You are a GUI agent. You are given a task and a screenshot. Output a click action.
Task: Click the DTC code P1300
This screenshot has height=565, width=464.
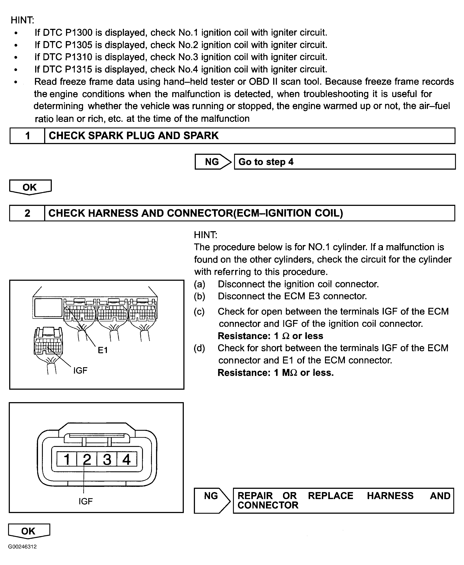coord(79,33)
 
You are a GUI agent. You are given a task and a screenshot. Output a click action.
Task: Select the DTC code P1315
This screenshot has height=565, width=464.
coord(79,69)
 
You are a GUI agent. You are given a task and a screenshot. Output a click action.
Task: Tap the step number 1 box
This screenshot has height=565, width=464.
coord(27,136)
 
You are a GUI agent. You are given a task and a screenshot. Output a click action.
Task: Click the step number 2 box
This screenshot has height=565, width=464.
coord(27,213)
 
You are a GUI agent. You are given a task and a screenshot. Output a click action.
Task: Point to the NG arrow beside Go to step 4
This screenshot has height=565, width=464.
coord(212,162)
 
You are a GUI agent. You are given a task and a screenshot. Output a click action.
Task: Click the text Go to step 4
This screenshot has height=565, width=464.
coord(266,162)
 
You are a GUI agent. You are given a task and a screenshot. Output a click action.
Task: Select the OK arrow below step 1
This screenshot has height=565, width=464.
coord(30,187)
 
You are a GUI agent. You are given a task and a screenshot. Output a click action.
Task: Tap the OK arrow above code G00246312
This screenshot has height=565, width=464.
coord(29,531)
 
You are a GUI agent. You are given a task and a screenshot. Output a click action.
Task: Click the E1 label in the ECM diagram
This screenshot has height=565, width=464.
coord(103,350)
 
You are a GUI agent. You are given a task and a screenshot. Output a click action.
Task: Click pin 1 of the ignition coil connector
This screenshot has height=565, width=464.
coord(67,460)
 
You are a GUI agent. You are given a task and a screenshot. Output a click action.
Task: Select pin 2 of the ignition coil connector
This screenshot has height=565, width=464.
coord(87,460)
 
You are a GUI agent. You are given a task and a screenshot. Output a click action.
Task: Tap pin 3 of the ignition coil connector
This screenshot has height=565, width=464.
coord(107,460)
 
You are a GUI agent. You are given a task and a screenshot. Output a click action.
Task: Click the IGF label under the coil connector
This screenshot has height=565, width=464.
coord(85,501)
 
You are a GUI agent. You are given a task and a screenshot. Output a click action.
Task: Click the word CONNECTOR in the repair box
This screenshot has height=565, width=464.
coord(268,505)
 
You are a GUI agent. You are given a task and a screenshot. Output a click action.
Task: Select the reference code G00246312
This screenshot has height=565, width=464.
coord(23,547)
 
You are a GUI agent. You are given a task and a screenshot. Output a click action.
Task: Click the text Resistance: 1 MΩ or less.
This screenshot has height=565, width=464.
coord(276,372)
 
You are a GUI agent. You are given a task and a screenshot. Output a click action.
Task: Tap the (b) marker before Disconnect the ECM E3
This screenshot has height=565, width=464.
coord(199,296)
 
